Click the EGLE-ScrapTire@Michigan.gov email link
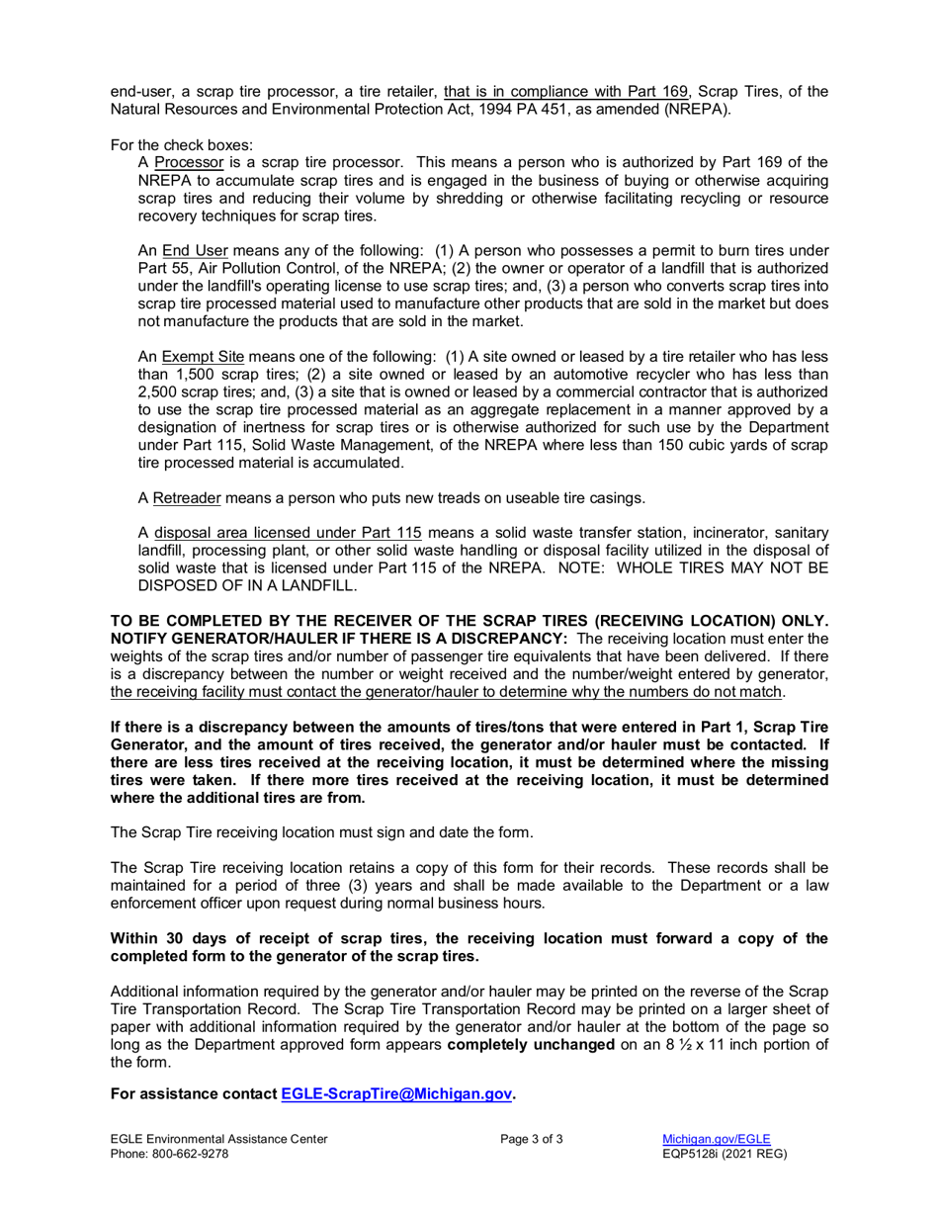click(397, 1094)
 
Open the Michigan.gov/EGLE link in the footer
click(716, 1139)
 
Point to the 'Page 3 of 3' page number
click(532, 1139)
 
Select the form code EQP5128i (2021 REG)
click(724, 1154)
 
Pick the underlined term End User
click(196, 251)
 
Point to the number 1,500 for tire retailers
click(198, 374)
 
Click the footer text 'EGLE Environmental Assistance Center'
click(218, 1139)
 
